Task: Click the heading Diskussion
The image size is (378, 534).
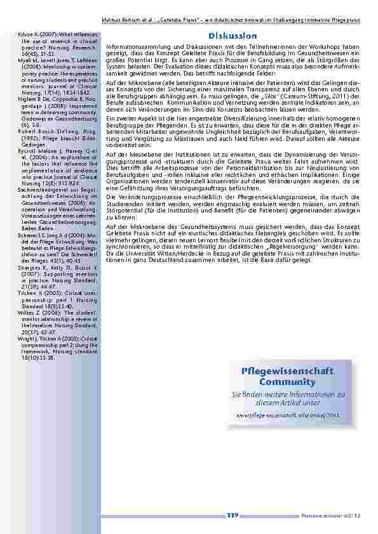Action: point(232,36)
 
